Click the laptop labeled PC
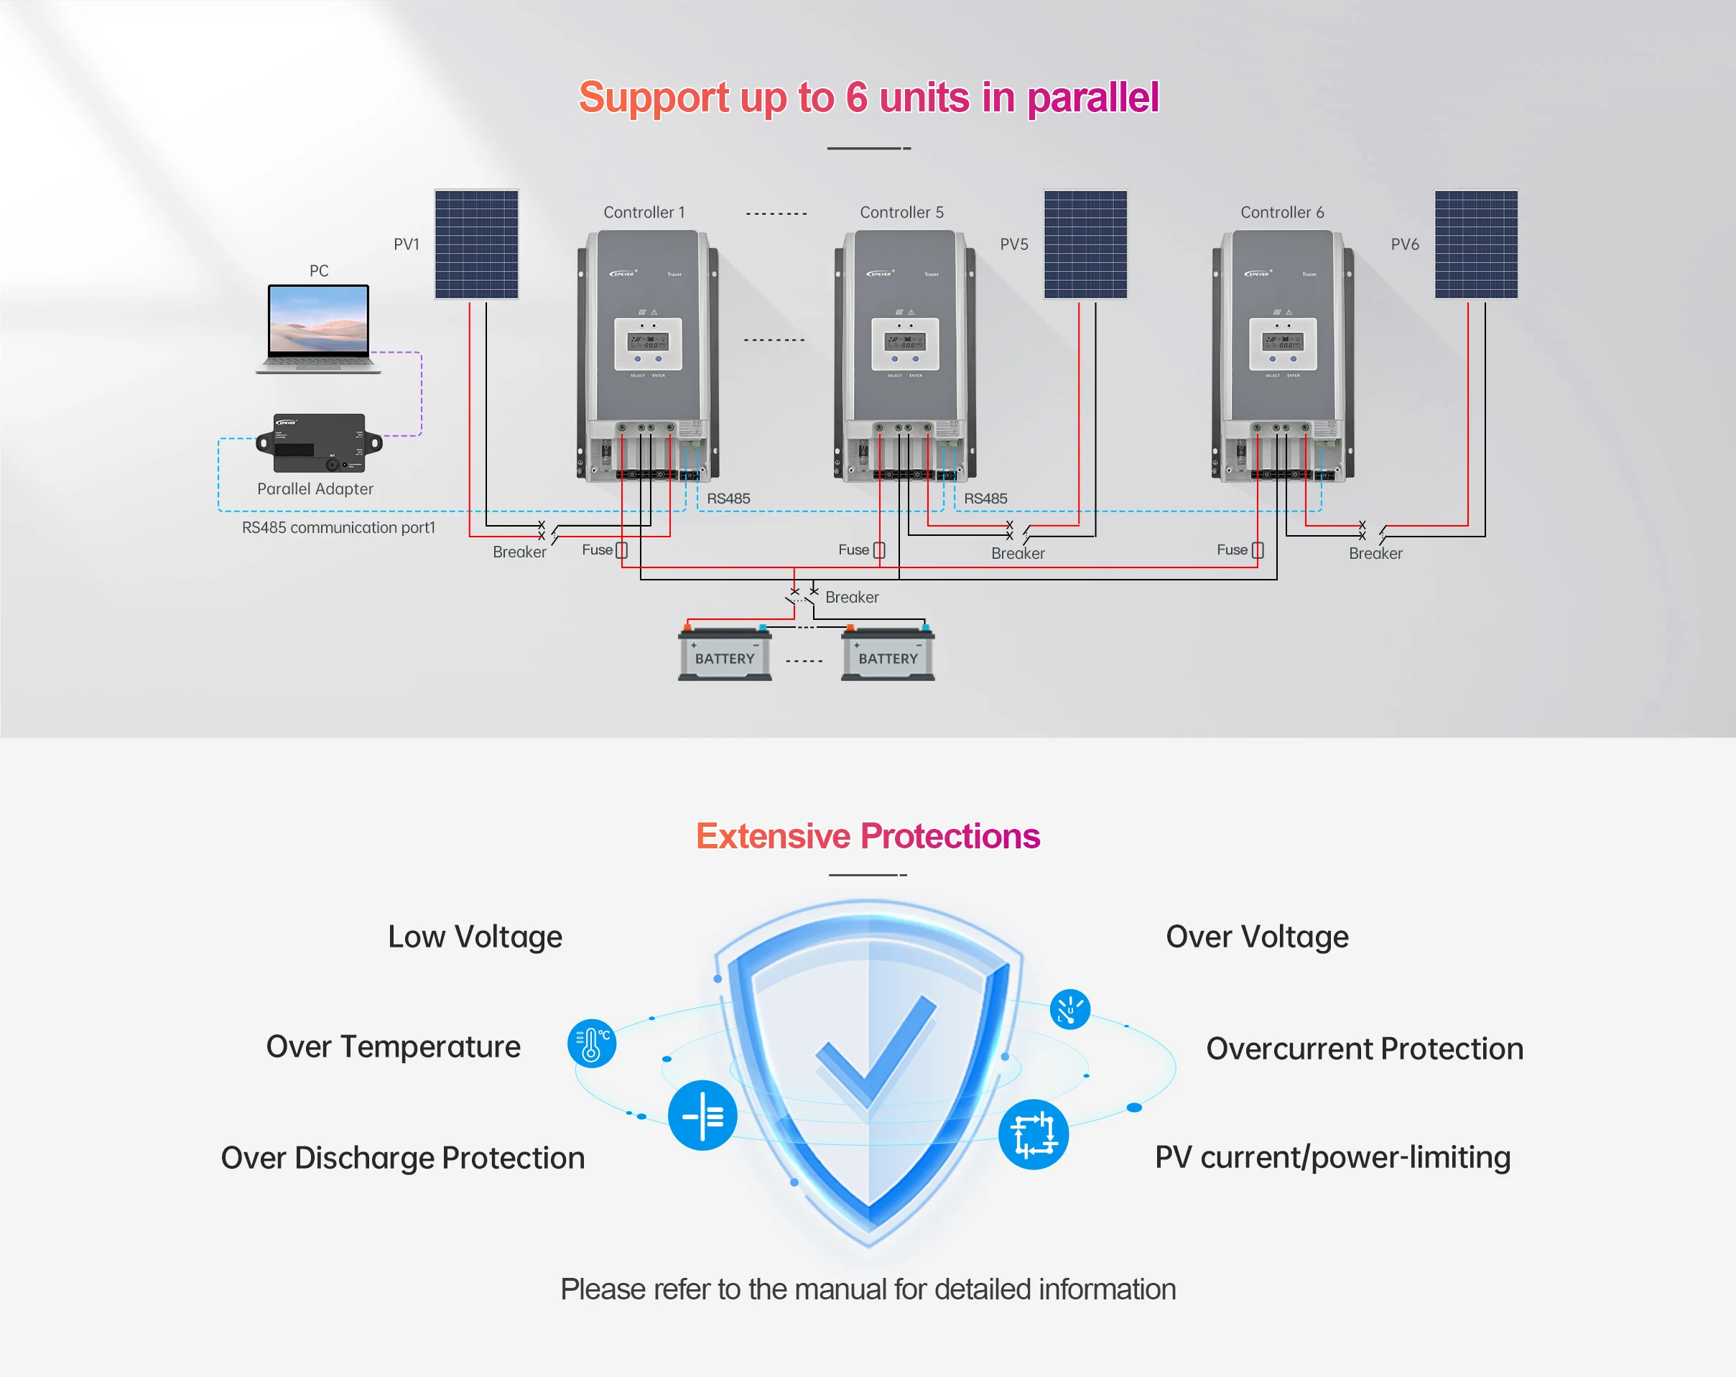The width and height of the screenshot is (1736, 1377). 319,327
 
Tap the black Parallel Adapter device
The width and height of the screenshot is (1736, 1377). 319,443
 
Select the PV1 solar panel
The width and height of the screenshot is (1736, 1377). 476,244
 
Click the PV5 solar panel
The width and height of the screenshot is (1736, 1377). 1085,244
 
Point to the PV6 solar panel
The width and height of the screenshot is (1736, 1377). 1476,244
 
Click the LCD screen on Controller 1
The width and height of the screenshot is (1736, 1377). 648,342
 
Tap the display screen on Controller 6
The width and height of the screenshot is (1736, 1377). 1283,342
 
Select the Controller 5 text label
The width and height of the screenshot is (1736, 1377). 901,213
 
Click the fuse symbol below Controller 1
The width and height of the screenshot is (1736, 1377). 621,550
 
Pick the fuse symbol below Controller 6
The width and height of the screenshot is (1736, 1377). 1258,550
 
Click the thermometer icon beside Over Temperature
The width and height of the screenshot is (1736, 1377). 592,1044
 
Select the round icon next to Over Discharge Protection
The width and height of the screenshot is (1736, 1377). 702,1116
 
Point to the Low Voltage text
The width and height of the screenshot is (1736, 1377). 475,937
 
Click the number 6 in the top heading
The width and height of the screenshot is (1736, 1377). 857,98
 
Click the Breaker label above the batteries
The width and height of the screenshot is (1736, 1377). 852,598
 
